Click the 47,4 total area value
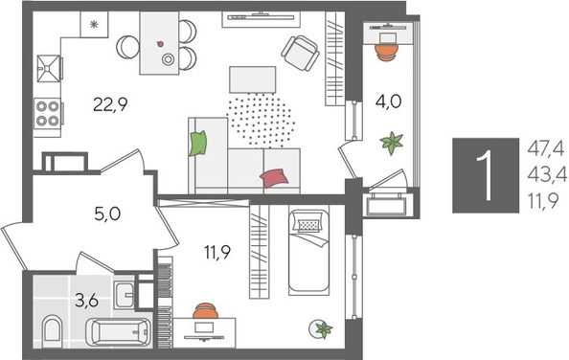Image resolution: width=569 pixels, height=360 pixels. (x=546, y=146)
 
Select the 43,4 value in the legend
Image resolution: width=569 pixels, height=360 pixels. (x=546, y=174)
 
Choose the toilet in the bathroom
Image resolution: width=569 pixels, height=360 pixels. (x=53, y=333)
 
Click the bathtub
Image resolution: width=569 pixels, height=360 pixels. (x=119, y=333)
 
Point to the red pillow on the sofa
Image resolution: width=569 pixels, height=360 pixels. (x=274, y=177)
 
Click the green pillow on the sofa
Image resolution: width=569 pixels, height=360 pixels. (x=198, y=144)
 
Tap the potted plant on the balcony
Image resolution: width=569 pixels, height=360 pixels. (x=391, y=144)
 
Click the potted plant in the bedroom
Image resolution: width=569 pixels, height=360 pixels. (x=323, y=329)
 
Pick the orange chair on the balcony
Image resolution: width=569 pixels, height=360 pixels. (x=386, y=50)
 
